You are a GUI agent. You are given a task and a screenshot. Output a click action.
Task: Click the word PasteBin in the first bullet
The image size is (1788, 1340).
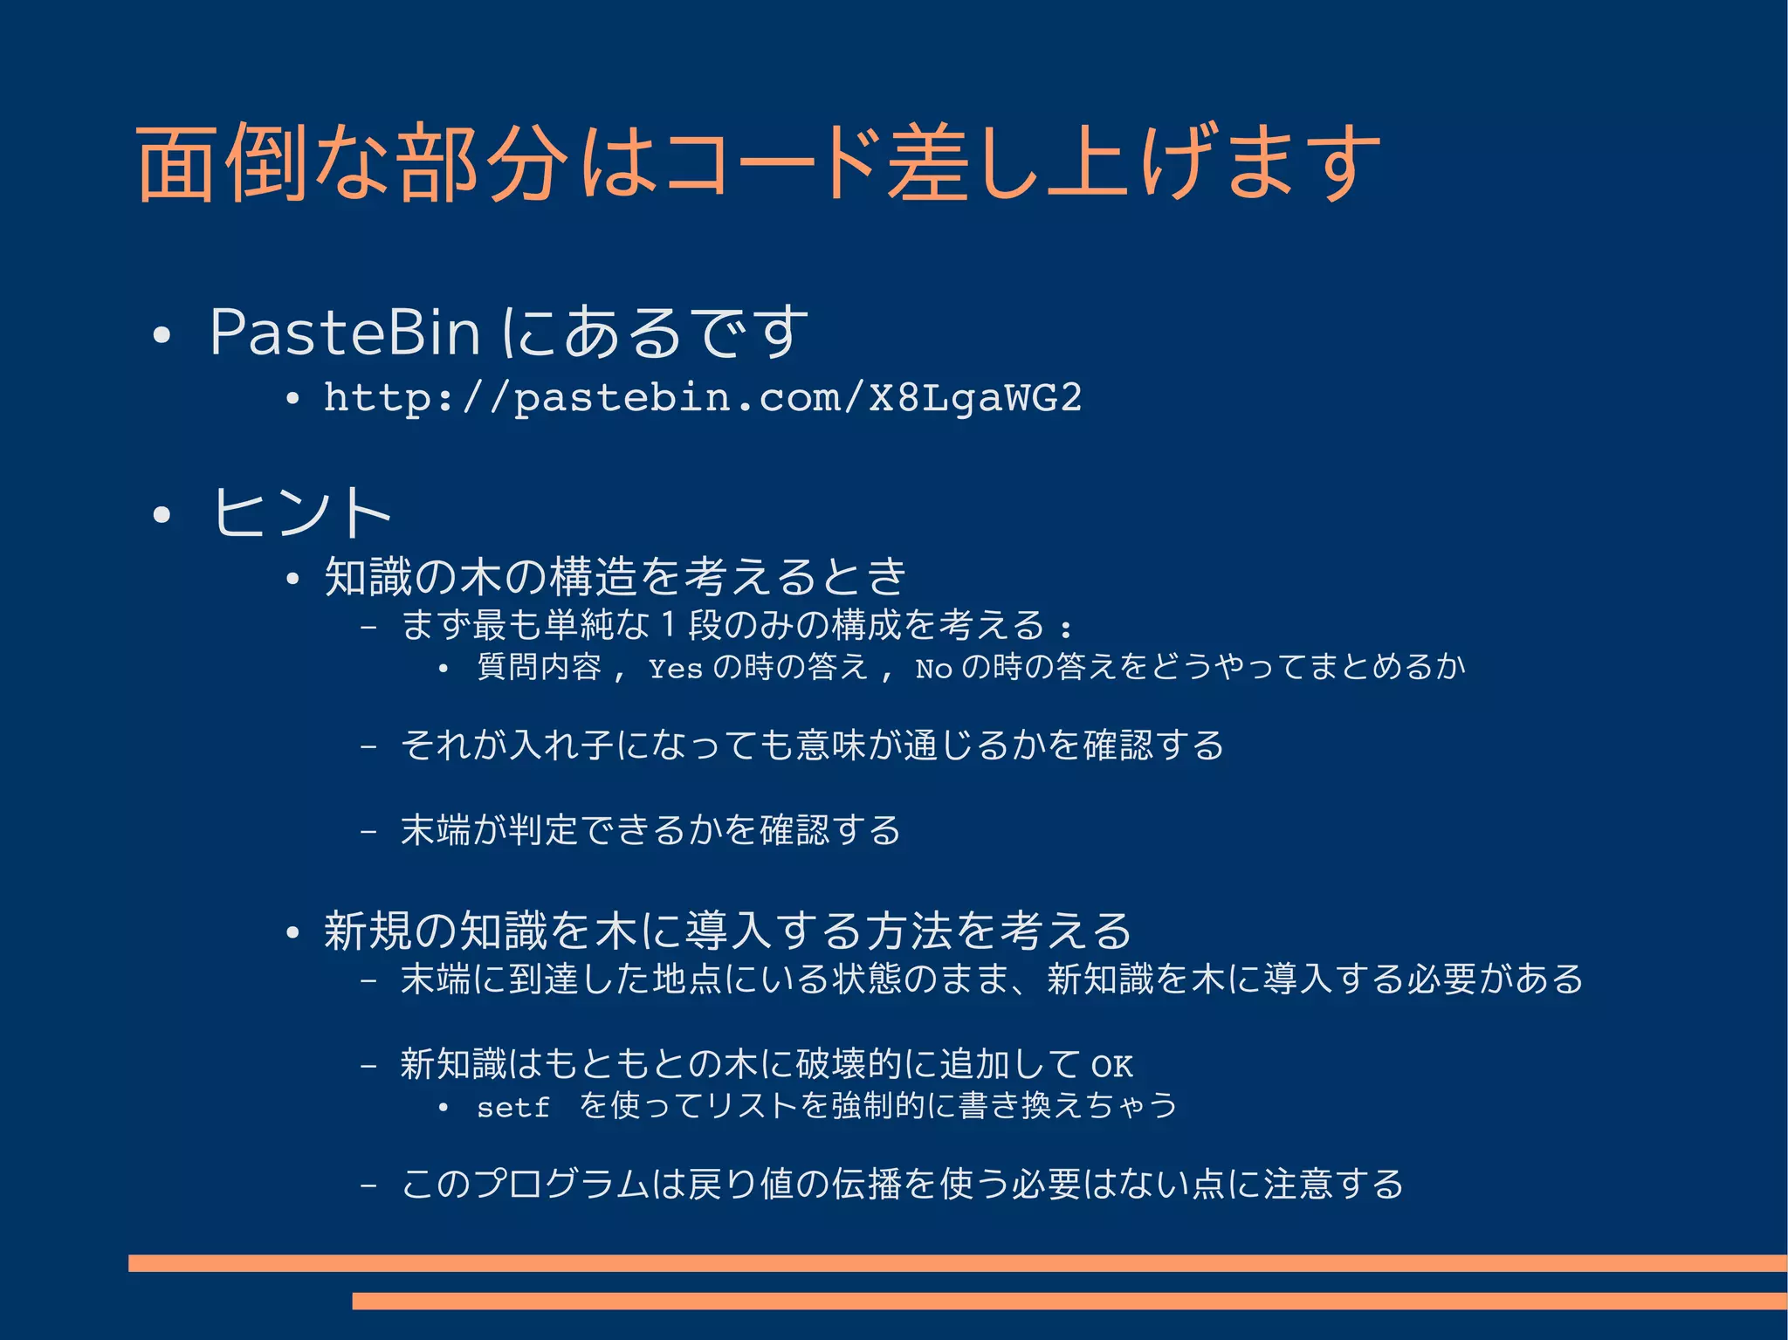click(x=345, y=333)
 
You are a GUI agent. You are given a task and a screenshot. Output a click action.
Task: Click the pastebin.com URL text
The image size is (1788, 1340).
click(x=702, y=398)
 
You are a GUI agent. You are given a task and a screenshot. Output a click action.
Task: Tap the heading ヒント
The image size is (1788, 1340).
click(x=301, y=512)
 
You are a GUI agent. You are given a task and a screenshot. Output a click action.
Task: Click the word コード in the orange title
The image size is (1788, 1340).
click(x=769, y=164)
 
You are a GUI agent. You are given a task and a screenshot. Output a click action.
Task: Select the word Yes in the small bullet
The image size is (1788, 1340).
click(x=675, y=670)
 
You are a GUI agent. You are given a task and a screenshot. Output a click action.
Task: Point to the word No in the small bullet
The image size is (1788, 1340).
click(x=932, y=670)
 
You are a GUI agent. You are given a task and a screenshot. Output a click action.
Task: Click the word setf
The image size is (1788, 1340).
click(x=512, y=1108)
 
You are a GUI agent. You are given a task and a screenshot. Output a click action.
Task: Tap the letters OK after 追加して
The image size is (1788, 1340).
click(x=1111, y=1066)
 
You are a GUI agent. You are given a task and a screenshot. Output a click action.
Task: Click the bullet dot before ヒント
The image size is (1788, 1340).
click(x=161, y=515)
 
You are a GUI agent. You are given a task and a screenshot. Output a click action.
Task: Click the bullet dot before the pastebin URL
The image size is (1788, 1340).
click(x=292, y=400)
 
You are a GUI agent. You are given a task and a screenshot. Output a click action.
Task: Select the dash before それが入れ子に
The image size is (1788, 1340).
click(x=368, y=747)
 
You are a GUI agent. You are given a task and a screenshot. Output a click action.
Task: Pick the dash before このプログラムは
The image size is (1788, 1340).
click(x=368, y=1185)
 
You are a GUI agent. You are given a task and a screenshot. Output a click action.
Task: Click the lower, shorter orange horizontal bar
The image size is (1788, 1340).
click(x=1069, y=1301)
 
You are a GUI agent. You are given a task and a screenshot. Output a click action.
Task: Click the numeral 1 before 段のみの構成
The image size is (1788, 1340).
click(x=668, y=625)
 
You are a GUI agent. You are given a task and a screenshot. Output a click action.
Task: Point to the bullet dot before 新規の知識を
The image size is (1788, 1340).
click(x=292, y=932)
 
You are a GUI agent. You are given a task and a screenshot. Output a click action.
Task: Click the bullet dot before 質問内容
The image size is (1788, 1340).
click(x=444, y=670)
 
